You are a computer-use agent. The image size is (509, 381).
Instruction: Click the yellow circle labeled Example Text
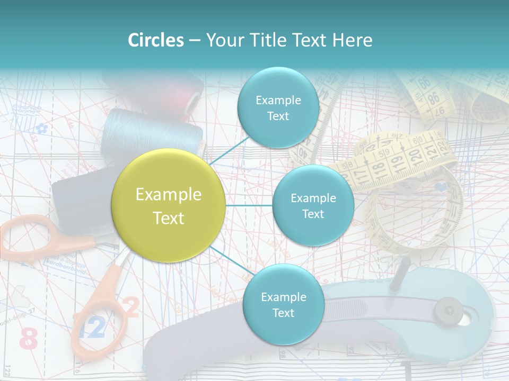[x=169, y=206]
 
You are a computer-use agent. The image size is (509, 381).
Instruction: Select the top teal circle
[x=278, y=108]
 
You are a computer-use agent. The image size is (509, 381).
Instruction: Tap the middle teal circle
[x=313, y=206]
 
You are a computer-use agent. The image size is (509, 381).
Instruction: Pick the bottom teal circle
[x=283, y=305]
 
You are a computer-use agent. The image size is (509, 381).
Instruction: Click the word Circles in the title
[x=155, y=40]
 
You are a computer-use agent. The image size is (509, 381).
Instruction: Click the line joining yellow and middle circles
[x=249, y=205]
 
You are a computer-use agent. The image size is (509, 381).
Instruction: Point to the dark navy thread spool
[x=80, y=196]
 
